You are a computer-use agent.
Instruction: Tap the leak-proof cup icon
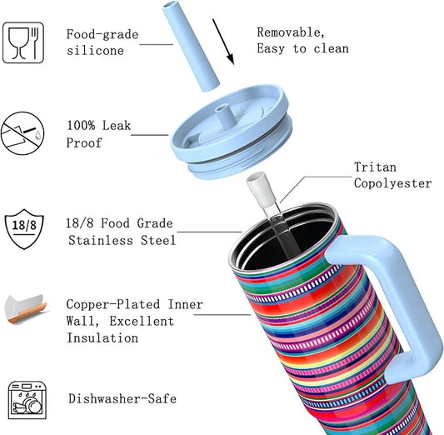coord(22,134)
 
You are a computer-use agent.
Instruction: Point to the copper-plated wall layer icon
coord(23,307)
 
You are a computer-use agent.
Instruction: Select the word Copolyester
coord(393,183)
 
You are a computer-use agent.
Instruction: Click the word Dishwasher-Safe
coord(122,399)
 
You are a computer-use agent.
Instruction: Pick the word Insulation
coord(102,337)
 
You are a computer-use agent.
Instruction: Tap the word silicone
coord(95,50)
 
